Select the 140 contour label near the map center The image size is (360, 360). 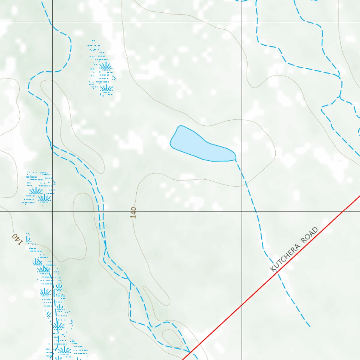[133, 213]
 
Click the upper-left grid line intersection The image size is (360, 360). [52, 22]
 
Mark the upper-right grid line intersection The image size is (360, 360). [242, 22]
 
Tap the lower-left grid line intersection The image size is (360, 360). [52, 211]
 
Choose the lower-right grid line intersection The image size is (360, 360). [242, 211]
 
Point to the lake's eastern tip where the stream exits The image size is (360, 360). [235, 159]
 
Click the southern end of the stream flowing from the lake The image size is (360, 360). [310, 327]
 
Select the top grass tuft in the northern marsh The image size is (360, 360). [105, 66]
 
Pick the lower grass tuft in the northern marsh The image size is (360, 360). [106, 88]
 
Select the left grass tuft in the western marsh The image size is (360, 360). [35, 191]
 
